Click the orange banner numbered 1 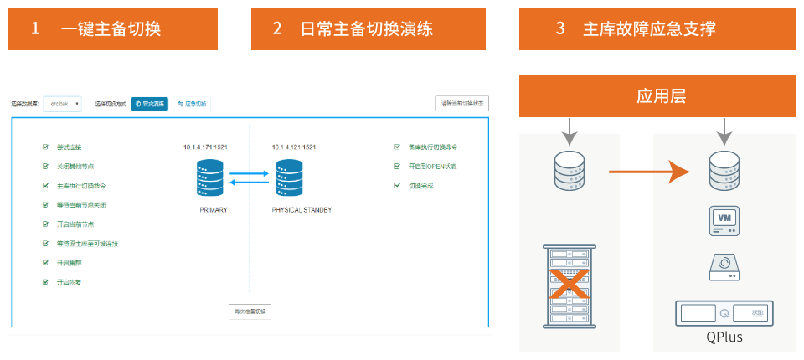click(112, 29)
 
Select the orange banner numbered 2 click(355, 29)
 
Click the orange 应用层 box click(657, 96)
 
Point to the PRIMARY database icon click(210, 177)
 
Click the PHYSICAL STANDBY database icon click(289, 177)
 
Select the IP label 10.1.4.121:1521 click(294, 147)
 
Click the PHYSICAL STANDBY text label click(301, 210)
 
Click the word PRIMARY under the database click(214, 210)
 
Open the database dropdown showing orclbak click(63, 104)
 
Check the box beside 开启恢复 click(45, 282)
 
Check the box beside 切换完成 click(398, 185)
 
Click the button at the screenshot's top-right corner click(462, 104)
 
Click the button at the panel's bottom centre click(250, 311)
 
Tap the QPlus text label click(724, 337)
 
